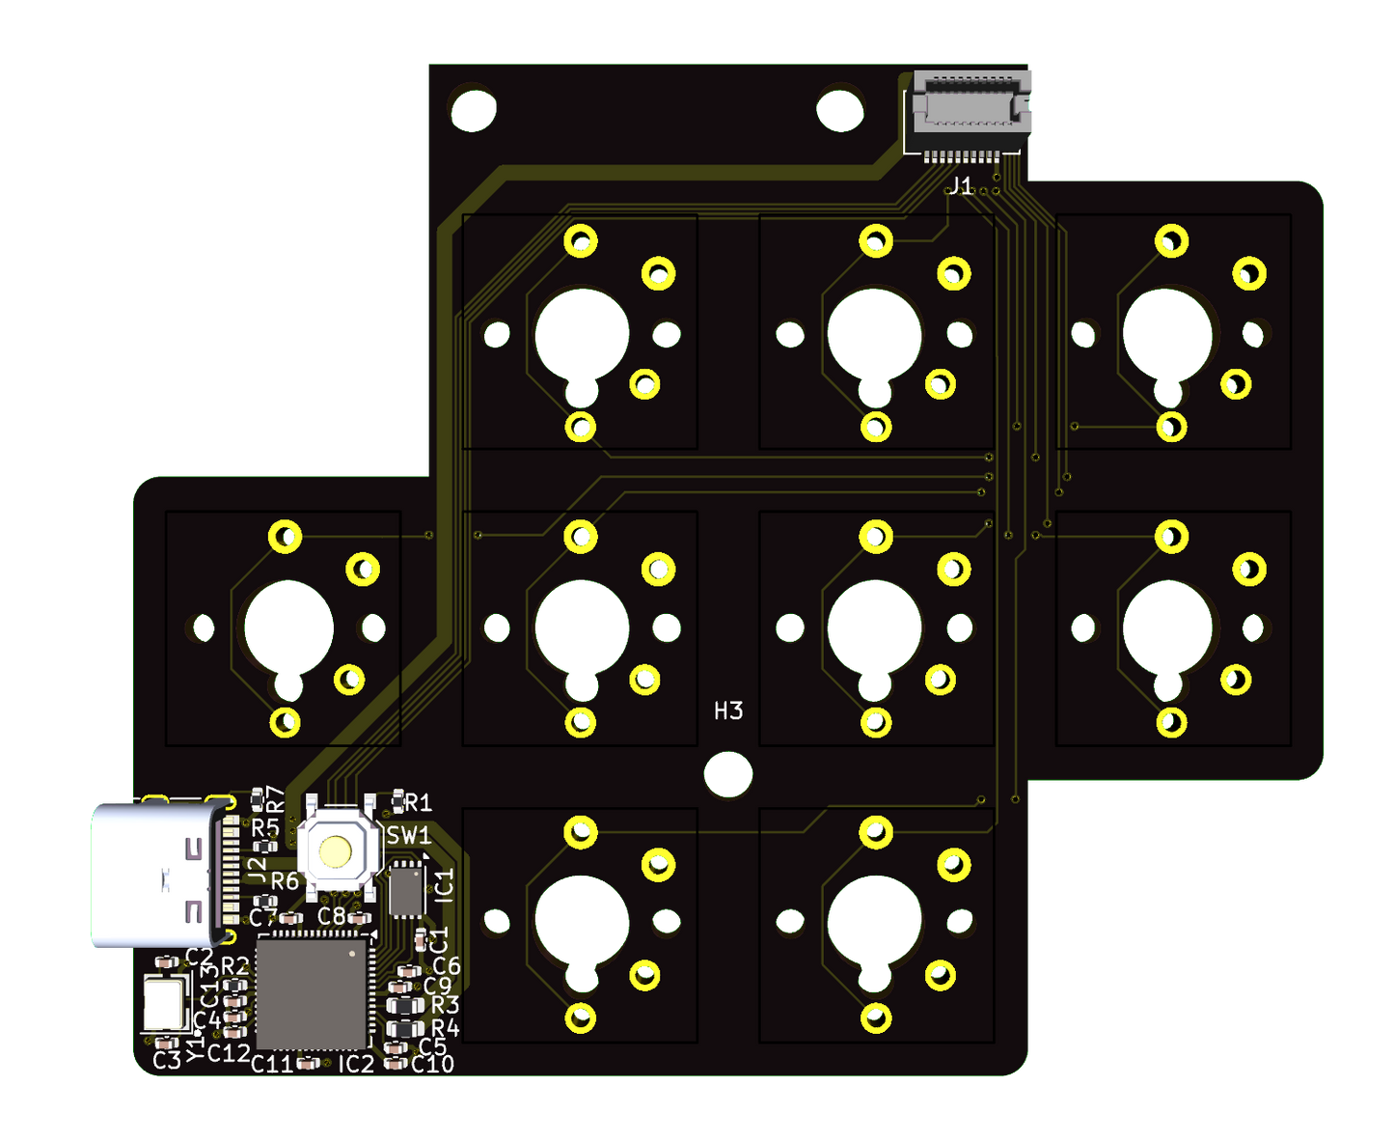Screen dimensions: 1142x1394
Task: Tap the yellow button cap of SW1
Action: click(336, 851)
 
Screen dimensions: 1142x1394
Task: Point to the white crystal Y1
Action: click(165, 1004)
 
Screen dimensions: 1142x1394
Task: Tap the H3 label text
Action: click(728, 711)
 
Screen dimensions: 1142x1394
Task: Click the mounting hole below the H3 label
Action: click(728, 774)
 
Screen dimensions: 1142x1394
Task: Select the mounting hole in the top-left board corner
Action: click(473, 109)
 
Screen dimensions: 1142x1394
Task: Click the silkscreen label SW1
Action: click(409, 835)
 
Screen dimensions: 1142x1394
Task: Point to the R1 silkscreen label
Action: click(418, 803)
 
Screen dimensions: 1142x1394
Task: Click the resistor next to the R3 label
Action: click(405, 1006)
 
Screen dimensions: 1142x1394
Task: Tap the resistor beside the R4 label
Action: click(405, 1028)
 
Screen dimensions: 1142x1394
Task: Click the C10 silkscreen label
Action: click(432, 1064)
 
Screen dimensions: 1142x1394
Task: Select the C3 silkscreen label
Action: click(167, 1061)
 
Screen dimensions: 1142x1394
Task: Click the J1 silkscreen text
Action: click(961, 186)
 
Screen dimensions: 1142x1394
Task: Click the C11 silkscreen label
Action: click(271, 1064)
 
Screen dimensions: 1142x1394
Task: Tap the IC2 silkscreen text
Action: click(355, 1064)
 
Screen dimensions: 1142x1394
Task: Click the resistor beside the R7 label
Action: click(258, 797)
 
